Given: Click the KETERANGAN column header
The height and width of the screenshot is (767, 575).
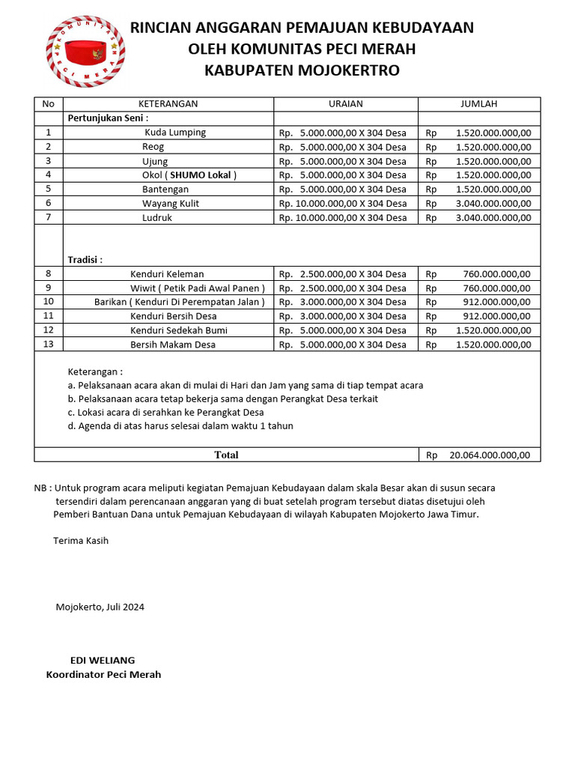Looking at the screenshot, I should [168, 104].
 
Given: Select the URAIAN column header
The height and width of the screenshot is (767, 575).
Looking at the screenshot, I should [345, 104].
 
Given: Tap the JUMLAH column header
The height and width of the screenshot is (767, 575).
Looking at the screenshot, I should [478, 104].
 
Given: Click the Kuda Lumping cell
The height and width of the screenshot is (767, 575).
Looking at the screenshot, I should [174, 133].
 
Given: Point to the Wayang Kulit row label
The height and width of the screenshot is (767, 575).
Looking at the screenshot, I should [171, 204].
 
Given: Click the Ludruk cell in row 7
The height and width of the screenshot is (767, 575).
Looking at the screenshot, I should [157, 218].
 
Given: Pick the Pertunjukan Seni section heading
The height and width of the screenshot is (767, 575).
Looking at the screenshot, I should [109, 118].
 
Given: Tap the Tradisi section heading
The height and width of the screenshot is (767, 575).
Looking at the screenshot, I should [85, 260].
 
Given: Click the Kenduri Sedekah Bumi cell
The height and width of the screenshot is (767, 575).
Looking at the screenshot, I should [179, 330].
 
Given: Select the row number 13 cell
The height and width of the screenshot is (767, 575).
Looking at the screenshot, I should [49, 345].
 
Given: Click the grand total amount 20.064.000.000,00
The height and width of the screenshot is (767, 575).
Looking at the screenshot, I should [490, 455].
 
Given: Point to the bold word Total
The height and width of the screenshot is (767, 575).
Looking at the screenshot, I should [226, 455].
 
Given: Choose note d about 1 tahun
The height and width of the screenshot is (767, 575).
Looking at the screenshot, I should [180, 426].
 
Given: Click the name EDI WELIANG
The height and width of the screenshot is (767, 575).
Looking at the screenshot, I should [103, 661].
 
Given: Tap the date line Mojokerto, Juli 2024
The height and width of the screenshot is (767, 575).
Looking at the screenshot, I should [100, 607].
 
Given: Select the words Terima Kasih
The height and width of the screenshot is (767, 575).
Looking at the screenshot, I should [81, 541].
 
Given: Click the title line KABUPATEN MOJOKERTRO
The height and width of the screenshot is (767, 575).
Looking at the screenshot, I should [302, 71].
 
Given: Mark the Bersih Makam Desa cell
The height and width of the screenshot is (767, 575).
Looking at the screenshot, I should [173, 345].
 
